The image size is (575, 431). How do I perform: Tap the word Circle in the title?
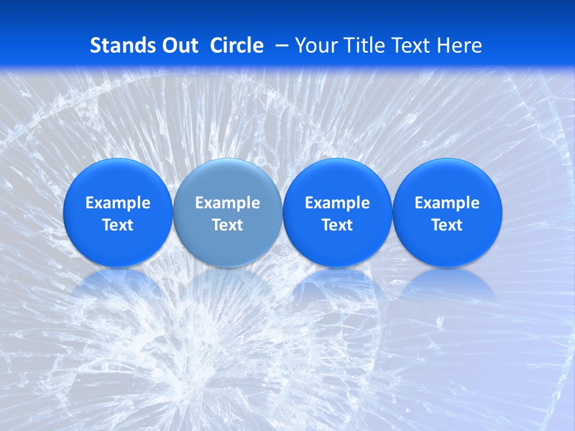pyautogui.click(x=237, y=45)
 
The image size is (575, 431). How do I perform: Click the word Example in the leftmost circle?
pyautogui.click(x=118, y=203)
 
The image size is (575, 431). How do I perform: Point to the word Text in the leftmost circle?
pyautogui.click(x=118, y=225)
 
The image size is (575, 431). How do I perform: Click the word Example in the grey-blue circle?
pyautogui.click(x=228, y=203)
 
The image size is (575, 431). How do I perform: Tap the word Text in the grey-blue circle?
pyautogui.click(x=228, y=225)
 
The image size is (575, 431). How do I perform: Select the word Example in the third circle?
pyautogui.click(x=337, y=203)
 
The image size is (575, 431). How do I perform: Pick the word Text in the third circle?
pyautogui.click(x=337, y=225)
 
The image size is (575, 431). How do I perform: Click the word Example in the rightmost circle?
pyautogui.click(x=447, y=203)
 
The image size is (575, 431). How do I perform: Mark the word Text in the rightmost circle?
pyautogui.click(x=447, y=225)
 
